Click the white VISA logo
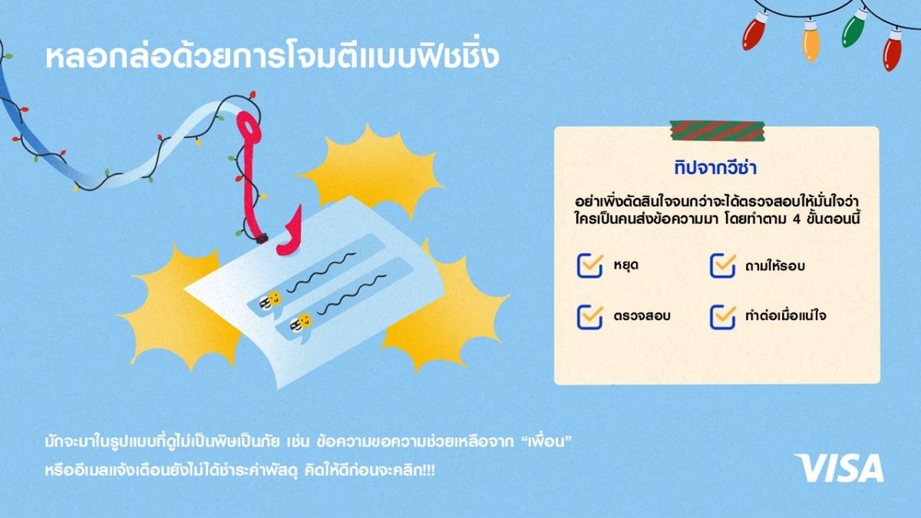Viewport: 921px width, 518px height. click(839, 467)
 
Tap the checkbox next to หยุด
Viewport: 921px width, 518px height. click(590, 266)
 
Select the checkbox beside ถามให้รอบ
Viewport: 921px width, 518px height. click(722, 266)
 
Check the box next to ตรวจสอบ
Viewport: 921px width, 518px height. click(590, 317)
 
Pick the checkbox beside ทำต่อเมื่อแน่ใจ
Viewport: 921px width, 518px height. click(722, 317)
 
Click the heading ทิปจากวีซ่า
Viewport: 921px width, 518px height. click(715, 168)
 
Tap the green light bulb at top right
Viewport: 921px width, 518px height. click(853, 28)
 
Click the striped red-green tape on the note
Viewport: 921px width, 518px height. click(717, 130)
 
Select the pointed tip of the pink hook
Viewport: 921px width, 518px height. click(300, 206)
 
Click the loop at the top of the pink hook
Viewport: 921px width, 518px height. click(249, 127)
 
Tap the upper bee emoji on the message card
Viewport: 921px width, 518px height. click(271, 301)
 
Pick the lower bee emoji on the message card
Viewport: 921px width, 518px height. click(301, 323)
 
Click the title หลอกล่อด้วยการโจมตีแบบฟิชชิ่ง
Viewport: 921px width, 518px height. click(272, 57)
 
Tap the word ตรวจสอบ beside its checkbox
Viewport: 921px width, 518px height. click(642, 315)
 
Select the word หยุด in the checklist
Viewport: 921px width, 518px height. click(626, 265)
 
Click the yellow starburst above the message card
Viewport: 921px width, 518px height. click(370, 170)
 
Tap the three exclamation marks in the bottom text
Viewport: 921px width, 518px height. click(428, 470)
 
